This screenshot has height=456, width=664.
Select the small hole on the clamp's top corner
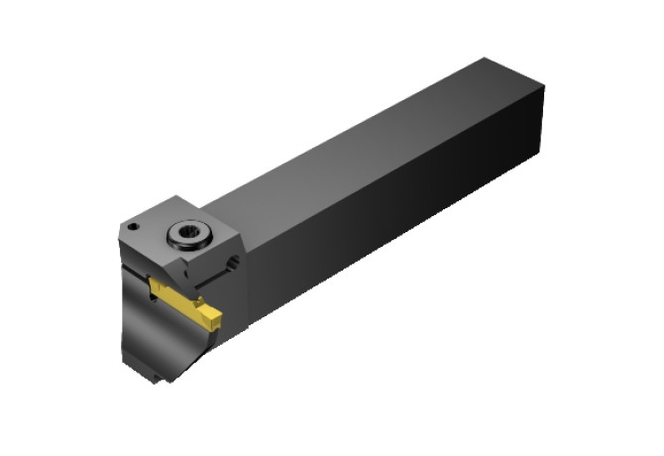(x=133, y=227)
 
